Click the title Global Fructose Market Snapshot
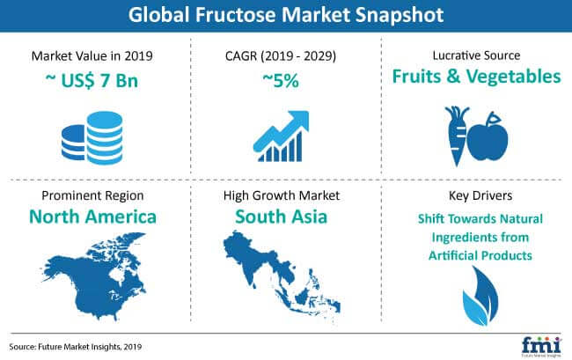click(286, 15)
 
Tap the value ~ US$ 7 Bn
click(92, 80)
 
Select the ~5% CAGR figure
click(281, 80)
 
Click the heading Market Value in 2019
click(92, 55)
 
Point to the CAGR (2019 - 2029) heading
click(281, 55)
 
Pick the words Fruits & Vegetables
click(476, 77)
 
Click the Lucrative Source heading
click(476, 55)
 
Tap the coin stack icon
click(92, 137)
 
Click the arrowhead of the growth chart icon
click(299, 121)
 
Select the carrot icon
click(456, 136)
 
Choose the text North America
click(92, 217)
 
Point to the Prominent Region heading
click(92, 195)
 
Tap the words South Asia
click(282, 217)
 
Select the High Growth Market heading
click(282, 195)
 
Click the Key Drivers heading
click(480, 195)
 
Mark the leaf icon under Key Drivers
click(480, 296)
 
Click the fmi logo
click(541, 347)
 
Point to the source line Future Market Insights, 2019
click(76, 347)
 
